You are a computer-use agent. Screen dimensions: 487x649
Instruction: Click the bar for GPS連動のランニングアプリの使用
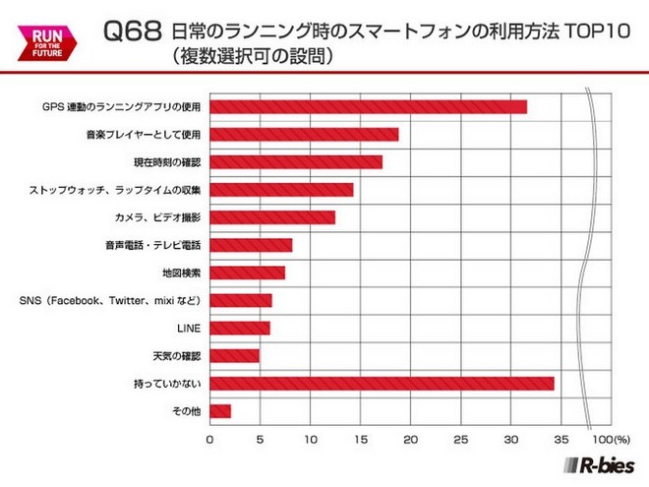click(368, 107)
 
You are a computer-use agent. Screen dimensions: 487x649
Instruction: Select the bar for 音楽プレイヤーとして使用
click(304, 135)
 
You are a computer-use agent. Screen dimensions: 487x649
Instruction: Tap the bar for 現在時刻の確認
click(296, 162)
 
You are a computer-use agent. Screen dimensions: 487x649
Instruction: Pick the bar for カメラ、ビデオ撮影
click(272, 217)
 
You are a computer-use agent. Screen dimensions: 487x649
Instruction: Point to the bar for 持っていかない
click(382, 383)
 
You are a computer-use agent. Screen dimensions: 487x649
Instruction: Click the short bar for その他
click(220, 410)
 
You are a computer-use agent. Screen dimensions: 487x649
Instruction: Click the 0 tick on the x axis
click(209, 438)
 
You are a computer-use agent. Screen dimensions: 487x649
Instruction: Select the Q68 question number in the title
click(131, 31)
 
